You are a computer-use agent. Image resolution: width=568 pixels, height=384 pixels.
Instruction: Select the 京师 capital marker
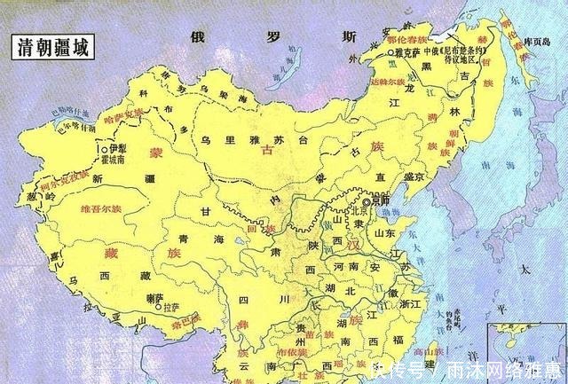[366, 201]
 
